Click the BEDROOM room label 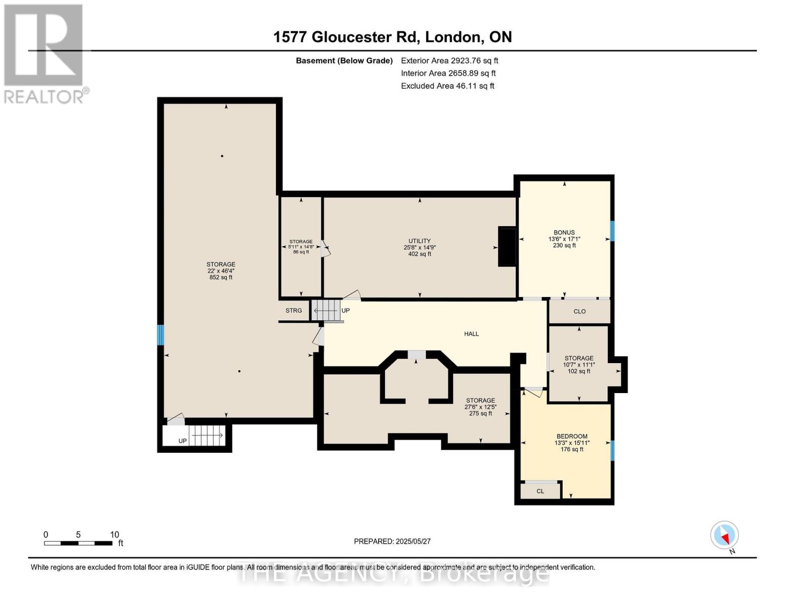pyautogui.click(x=572, y=437)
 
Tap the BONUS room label pyautogui.click(x=564, y=233)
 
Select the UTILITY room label pyautogui.click(x=420, y=241)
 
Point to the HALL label pyautogui.click(x=472, y=334)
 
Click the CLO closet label pyautogui.click(x=579, y=311)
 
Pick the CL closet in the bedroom pyautogui.click(x=540, y=491)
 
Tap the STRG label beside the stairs pyautogui.click(x=293, y=310)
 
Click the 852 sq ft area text pyautogui.click(x=221, y=277)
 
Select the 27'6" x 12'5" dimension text pyautogui.click(x=481, y=407)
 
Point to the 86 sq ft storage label pyautogui.click(x=301, y=252)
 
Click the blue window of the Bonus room pyautogui.click(x=612, y=231)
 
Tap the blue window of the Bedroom pyautogui.click(x=612, y=451)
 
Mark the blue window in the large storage pyautogui.click(x=160, y=335)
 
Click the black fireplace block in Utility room pyautogui.click(x=507, y=246)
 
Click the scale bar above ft pyautogui.click(x=78, y=543)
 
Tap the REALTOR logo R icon pyautogui.click(x=43, y=45)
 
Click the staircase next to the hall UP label pyautogui.click(x=326, y=310)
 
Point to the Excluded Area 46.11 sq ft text pyautogui.click(x=447, y=85)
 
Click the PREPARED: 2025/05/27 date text pyautogui.click(x=392, y=541)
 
